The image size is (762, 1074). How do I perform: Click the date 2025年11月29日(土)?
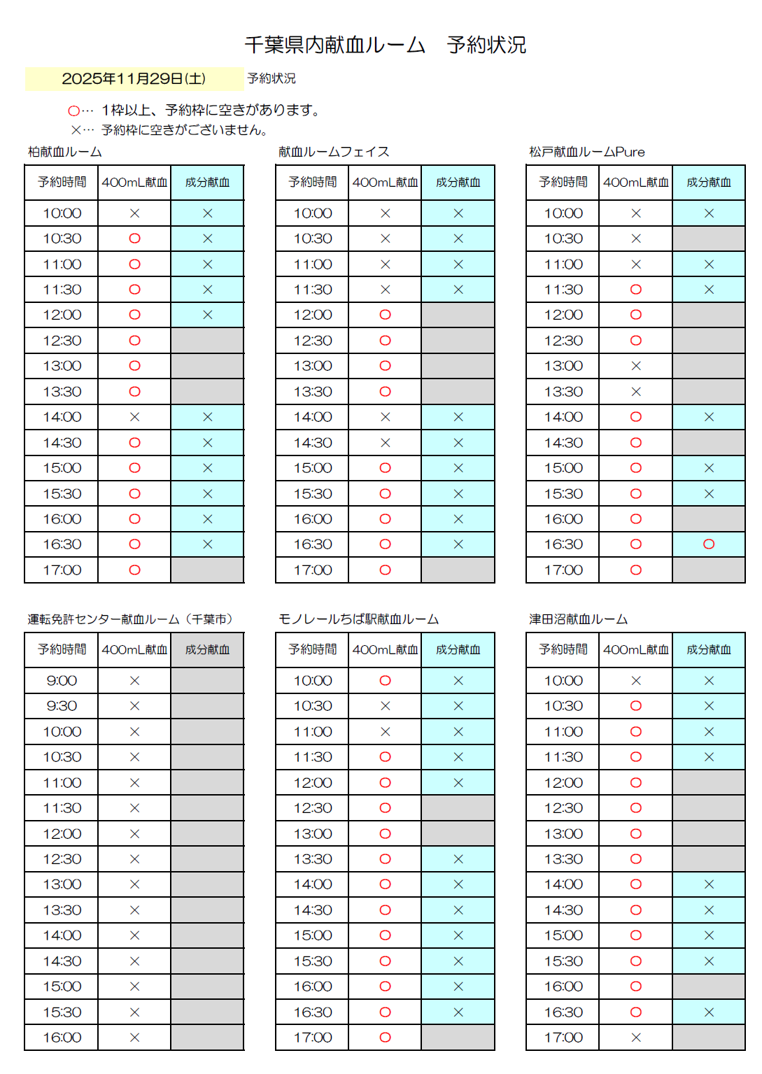coord(134,78)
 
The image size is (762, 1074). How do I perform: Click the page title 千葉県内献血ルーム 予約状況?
coord(385,45)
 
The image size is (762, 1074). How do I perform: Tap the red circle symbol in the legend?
coord(73,111)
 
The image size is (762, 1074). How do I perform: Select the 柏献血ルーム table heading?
coord(65,152)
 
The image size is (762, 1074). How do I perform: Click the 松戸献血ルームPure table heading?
coord(586,152)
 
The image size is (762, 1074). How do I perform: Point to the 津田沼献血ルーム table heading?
coord(578,619)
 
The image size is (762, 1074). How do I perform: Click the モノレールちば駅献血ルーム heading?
coord(358,619)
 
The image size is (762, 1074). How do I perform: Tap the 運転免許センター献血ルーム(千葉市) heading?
coord(130,619)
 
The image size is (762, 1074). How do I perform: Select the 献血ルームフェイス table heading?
coord(334,152)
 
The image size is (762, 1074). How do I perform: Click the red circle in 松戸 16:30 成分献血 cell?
coord(709,544)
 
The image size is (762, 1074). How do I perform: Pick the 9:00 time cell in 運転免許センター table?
coord(62,681)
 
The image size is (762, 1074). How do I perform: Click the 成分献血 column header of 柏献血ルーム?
coord(207,183)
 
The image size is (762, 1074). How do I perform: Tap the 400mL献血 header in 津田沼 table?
coord(635,650)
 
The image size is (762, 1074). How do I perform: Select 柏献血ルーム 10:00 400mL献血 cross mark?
coord(134,213)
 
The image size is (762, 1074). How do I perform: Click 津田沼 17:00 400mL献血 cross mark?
coord(635,1038)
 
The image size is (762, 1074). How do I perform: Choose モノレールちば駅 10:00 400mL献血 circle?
coord(385,681)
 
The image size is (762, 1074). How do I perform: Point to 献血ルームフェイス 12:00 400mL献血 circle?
coord(385,315)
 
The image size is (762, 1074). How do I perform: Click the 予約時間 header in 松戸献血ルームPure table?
coord(563,183)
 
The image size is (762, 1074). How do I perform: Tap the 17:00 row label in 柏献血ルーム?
coord(62,570)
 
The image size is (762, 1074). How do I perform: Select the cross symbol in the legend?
coord(76,130)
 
